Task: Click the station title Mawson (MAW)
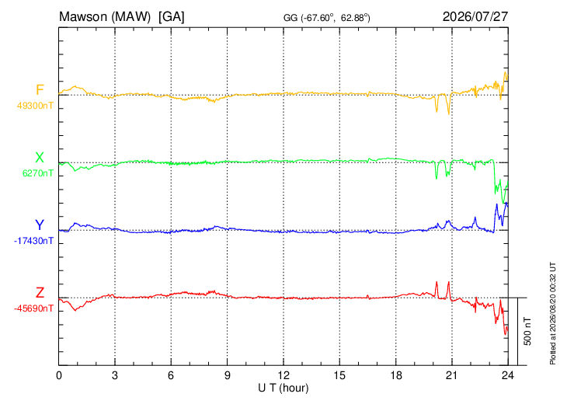105,17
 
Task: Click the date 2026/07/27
475,16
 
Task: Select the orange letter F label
40,89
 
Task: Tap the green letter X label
40,158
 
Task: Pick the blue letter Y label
40,225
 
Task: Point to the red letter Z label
40,293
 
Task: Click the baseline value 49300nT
35,106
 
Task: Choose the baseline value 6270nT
38,173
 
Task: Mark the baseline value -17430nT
33,241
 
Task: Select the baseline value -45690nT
33,308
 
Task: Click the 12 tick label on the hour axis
283,375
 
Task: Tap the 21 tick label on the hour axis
452,375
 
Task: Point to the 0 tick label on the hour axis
59,375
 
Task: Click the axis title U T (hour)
283,388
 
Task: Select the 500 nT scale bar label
527,331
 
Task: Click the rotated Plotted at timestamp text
552,313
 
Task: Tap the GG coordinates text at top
327,18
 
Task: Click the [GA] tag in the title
172,17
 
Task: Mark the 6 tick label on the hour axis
171,375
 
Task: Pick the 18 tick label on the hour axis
396,375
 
